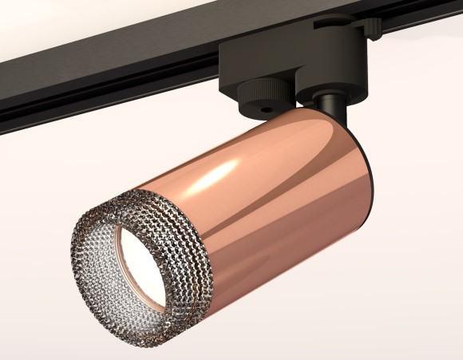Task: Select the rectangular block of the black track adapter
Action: [255, 60]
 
